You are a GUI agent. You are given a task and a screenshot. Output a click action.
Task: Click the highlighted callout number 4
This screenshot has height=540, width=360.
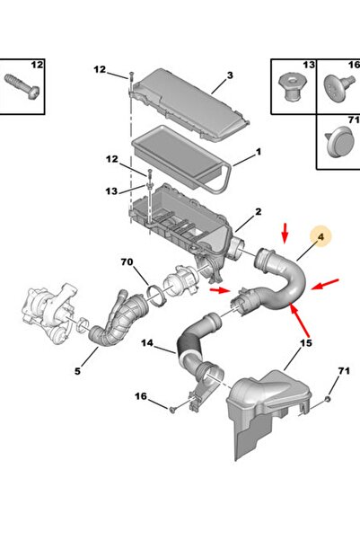(320, 237)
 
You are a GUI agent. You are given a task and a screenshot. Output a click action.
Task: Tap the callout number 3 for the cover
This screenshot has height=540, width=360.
(230, 75)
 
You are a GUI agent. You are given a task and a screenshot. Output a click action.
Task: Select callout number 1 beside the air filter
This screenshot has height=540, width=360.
(259, 152)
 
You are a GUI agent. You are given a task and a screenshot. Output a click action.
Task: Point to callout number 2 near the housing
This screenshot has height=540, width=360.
(259, 211)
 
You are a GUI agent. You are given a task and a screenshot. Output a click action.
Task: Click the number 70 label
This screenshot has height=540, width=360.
(127, 262)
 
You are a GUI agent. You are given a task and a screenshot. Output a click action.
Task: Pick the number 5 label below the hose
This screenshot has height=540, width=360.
(77, 371)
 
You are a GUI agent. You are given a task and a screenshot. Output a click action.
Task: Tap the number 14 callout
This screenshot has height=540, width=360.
(147, 343)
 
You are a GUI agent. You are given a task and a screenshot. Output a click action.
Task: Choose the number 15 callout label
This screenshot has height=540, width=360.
(305, 343)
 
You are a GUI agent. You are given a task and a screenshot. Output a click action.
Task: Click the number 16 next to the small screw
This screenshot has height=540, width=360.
(141, 396)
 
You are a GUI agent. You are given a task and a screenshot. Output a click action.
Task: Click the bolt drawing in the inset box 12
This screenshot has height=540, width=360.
(22, 86)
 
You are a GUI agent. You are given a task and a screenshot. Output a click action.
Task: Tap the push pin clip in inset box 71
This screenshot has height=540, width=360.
(340, 142)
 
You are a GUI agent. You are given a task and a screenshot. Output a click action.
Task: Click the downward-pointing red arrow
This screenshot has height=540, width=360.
(285, 233)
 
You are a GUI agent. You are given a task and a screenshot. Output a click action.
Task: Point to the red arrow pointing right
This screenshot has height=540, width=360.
(220, 290)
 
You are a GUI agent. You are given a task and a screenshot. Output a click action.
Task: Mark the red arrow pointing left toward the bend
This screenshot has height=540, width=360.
(325, 285)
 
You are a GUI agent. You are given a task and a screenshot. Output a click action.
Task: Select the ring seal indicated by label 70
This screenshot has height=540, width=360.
(155, 296)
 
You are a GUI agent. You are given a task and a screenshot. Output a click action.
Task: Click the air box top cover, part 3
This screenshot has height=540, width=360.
(190, 104)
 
